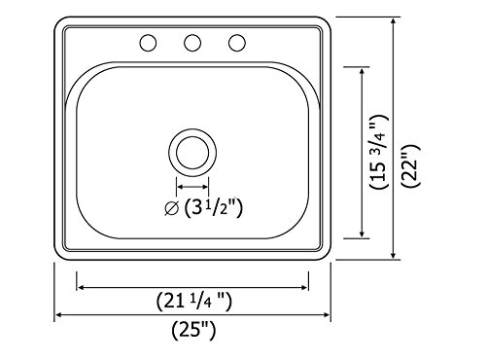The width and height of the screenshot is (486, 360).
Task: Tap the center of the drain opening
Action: coord(192,153)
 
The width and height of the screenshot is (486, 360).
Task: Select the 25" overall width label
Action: coord(193,331)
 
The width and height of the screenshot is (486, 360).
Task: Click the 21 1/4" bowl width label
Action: coord(194,302)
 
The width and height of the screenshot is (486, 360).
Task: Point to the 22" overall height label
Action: coord(410,165)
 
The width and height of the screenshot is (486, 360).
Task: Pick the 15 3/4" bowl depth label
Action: coord(378,152)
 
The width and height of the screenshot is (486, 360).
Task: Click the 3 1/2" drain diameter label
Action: coord(214,208)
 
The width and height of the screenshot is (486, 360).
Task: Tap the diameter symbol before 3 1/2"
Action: coord(172,208)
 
